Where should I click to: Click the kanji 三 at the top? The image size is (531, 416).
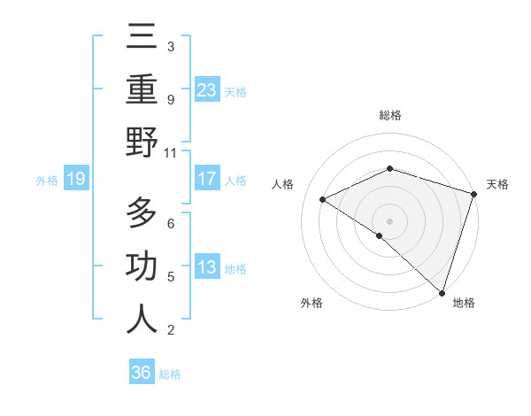(x=142, y=37)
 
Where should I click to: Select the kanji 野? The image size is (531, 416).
(x=142, y=142)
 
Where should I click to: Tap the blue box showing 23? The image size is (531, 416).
(x=206, y=89)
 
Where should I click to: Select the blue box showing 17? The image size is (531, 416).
(x=206, y=179)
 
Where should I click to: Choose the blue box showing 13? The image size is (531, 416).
(x=206, y=267)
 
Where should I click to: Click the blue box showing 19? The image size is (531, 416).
(x=76, y=180)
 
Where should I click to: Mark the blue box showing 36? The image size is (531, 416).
(x=141, y=373)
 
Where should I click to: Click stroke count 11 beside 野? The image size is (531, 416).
(x=171, y=152)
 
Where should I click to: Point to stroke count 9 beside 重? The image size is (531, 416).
(x=171, y=99)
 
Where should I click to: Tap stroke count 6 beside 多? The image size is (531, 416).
(x=171, y=223)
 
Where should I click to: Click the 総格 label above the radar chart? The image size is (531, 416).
(x=389, y=115)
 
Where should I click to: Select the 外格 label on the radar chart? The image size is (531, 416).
(x=312, y=304)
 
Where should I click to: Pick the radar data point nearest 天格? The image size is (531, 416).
(x=474, y=194)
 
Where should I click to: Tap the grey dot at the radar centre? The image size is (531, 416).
(x=389, y=220)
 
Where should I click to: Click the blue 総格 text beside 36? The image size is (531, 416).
(x=170, y=374)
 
